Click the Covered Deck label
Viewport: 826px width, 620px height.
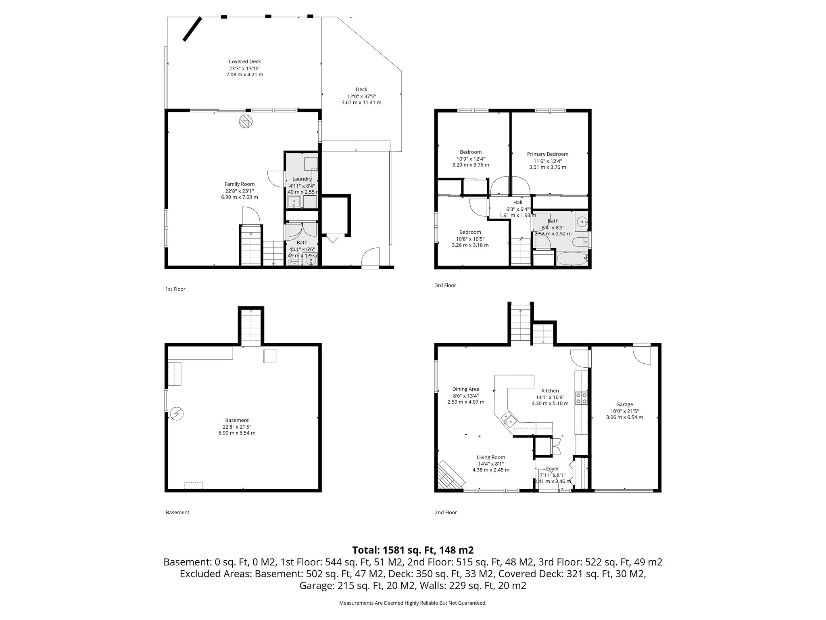pyautogui.click(x=244, y=62)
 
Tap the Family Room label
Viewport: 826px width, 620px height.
pyautogui.click(x=239, y=184)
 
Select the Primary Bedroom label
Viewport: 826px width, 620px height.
pyautogui.click(x=547, y=154)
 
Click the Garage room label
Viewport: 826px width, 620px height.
pyautogui.click(x=624, y=404)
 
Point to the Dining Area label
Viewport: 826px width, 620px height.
pyautogui.click(x=465, y=390)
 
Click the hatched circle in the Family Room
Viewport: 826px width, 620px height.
pyautogui.click(x=245, y=121)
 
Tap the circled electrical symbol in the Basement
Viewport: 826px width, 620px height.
pyautogui.click(x=177, y=414)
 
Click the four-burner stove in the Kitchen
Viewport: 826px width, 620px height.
pyautogui.click(x=581, y=398)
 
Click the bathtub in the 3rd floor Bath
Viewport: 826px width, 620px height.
pyautogui.click(x=572, y=259)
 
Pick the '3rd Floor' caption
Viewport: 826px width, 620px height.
pyautogui.click(x=445, y=285)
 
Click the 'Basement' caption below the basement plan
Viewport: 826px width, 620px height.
pyautogui.click(x=177, y=513)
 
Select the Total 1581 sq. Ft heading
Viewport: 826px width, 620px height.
pyautogui.click(x=413, y=550)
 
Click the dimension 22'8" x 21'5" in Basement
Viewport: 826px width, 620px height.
pyautogui.click(x=237, y=427)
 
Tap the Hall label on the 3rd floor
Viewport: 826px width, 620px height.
pyautogui.click(x=517, y=203)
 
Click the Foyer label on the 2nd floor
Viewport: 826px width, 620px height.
pyautogui.click(x=552, y=469)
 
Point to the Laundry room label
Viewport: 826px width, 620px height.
pyautogui.click(x=302, y=179)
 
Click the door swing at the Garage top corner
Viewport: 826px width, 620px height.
pyautogui.click(x=641, y=354)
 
